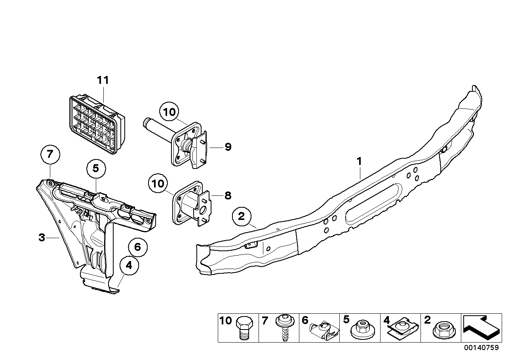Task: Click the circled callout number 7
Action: pos(49,155)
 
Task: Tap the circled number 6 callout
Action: pos(137,247)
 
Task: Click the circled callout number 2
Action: pos(242,216)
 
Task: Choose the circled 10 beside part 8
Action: pos(158,184)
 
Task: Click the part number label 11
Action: pos(103,80)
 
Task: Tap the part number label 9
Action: pos(228,147)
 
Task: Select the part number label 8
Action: pos(228,195)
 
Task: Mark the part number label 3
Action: pos(42,238)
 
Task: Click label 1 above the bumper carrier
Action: pos(359,162)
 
